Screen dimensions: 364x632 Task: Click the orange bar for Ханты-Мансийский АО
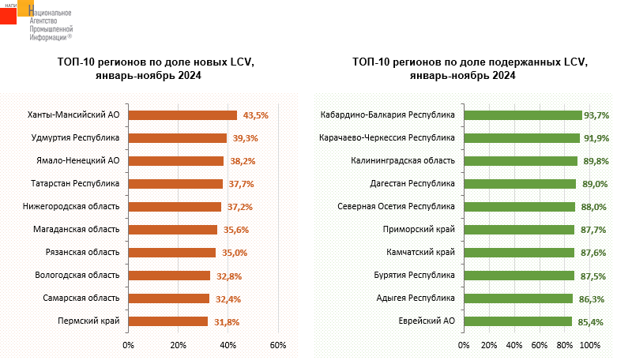[182, 115]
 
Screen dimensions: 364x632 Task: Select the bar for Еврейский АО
[517, 321]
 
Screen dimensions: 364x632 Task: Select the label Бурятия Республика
[415, 276]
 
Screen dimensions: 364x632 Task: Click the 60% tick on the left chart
[277, 345]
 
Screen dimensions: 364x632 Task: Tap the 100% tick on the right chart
[590, 345]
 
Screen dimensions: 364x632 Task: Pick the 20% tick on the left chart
[178, 345]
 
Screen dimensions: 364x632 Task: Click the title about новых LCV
[156, 69]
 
